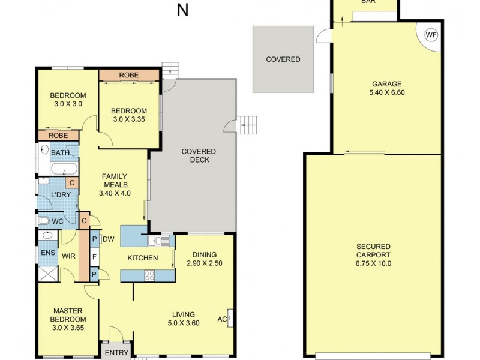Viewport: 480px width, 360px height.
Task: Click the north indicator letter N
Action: click(183, 10)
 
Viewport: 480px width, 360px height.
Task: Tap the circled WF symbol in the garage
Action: click(431, 35)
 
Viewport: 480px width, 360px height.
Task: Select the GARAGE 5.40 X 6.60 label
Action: click(386, 88)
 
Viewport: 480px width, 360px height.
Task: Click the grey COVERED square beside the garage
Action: click(283, 59)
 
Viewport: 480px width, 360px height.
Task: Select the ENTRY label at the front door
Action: click(116, 353)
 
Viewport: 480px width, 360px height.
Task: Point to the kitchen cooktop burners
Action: click(149, 276)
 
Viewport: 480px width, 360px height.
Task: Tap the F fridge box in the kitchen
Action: click(94, 257)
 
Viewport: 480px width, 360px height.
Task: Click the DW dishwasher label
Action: click(109, 239)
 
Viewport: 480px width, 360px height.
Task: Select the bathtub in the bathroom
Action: click(64, 168)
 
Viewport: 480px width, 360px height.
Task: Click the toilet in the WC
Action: click(44, 221)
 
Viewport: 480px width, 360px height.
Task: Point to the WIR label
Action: click(68, 256)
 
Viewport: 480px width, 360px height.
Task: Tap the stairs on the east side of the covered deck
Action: click(248, 125)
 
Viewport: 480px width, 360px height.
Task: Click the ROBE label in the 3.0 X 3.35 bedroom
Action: click(129, 75)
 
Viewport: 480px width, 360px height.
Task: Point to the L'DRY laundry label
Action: click(58, 196)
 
